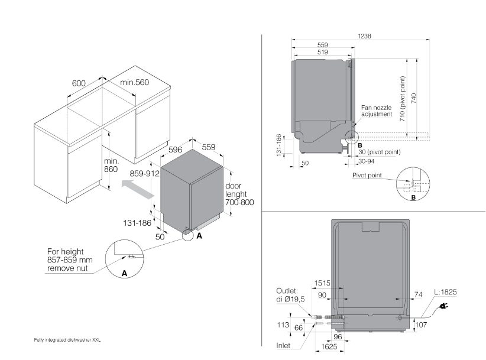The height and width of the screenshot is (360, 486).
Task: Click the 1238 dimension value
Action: pyautogui.click(x=364, y=37)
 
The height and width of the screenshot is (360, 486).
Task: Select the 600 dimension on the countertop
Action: pyautogui.click(x=79, y=83)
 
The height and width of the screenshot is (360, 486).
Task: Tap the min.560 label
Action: pyautogui.click(x=135, y=82)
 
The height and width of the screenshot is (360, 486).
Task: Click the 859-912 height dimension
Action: pyautogui.click(x=145, y=175)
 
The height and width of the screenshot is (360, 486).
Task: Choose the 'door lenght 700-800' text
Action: pyautogui.click(x=239, y=194)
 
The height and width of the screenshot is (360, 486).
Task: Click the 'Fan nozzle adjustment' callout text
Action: pyautogui.click(x=377, y=111)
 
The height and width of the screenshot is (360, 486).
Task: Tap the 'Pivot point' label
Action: pyautogui.click(x=367, y=175)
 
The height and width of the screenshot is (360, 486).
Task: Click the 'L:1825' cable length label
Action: pyautogui.click(x=445, y=293)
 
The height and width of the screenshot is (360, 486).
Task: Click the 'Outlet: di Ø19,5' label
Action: pyautogui.click(x=290, y=296)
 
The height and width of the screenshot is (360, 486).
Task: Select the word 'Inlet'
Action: pyautogui.click(x=285, y=345)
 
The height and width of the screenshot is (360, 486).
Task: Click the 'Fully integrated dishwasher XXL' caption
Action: pyautogui.click(x=69, y=340)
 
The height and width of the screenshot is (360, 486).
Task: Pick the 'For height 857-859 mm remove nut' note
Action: pyautogui.click(x=70, y=260)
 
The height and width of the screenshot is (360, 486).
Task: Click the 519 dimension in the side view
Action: pyautogui.click(x=323, y=53)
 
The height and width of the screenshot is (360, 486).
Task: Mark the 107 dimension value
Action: pyautogui.click(x=421, y=325)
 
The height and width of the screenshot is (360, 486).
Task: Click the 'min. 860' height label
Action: pyautogui.click(x=111, y=165)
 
